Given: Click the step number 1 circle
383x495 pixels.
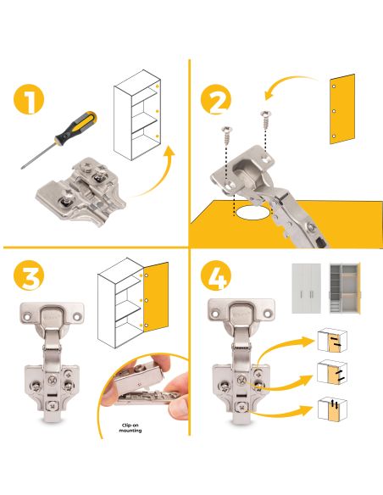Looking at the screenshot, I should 29,103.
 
